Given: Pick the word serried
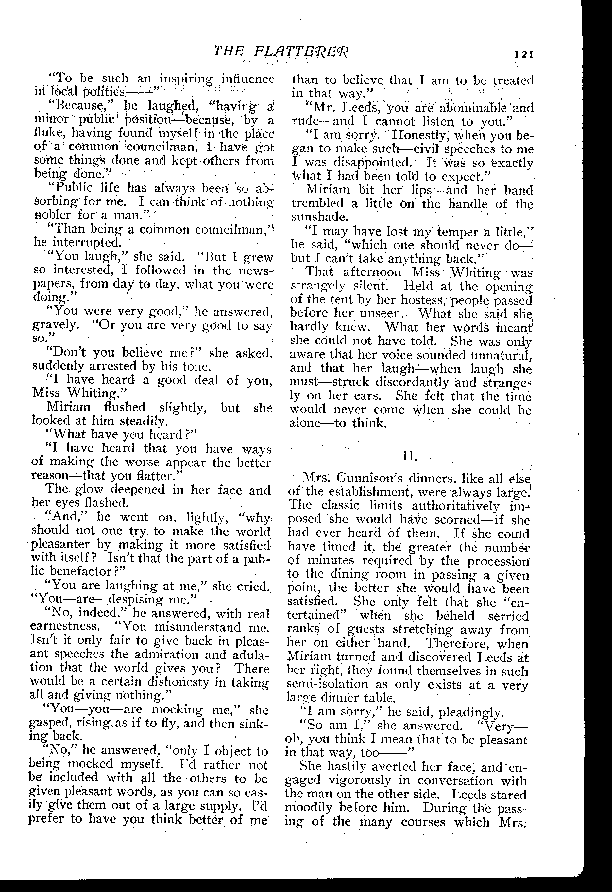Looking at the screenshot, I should [x=508, y=616].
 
